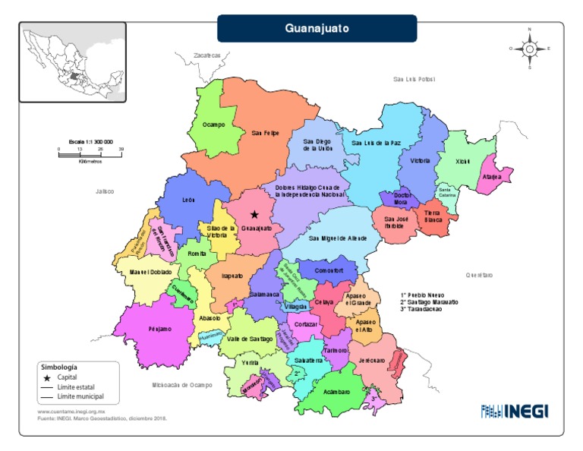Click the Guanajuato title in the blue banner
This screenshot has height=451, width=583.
(317, 29)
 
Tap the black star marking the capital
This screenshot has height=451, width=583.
(254, 215)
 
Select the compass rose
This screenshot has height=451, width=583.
(529, 48)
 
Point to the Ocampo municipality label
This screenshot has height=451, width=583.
(213, 125)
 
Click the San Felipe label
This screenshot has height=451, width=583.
(266, 133)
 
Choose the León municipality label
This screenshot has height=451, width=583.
(189, 200)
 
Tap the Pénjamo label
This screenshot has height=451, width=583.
(159, 329)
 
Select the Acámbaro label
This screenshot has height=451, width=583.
(335, 392)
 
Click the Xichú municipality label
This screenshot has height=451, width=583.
(462, 161)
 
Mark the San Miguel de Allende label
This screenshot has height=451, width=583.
(338, 238)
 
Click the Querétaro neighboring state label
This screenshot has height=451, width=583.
(479, 275)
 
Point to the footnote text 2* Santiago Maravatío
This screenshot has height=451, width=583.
(429, 302)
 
